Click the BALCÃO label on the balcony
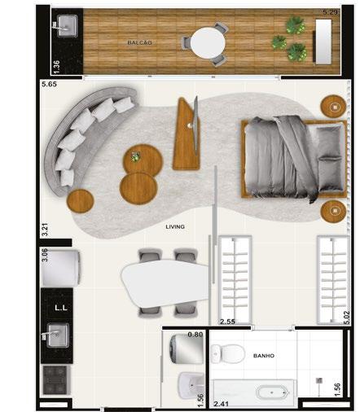coord(139,42)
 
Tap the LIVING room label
coord(175,226)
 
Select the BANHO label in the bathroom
coord(264,356)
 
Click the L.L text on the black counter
coord(61,308)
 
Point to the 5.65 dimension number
coord(49,84)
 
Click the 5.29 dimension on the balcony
coord(331,12)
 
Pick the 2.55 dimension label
coord(227,322)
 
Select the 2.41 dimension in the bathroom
coord(221,404)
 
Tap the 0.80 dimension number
coord(195,335)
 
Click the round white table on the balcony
coord(208,42)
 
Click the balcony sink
coord(68,26)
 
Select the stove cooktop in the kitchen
coord(55,380)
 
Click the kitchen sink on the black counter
coord(57,335)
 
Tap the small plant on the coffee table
coord(135,156)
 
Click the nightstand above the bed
coord(334,107)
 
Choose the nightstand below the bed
coord(334,212)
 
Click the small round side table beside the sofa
coord(81,201)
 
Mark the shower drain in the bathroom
coord(319,381)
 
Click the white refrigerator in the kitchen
coord(60,269)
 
